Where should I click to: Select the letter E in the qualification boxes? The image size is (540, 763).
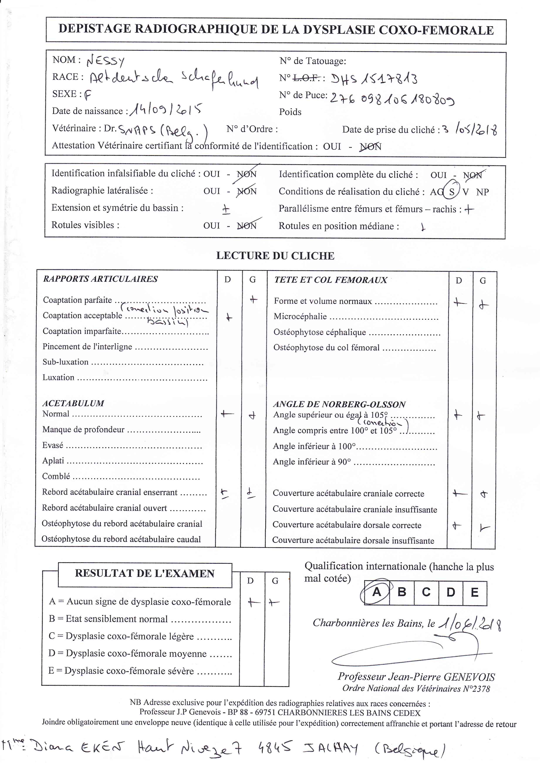(x=474, y=592)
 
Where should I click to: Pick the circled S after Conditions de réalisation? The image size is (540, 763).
(x=452, y=192)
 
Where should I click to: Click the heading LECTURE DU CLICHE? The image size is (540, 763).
(x=275, y=256)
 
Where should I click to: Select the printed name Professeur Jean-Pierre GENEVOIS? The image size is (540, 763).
(x=416, y=677)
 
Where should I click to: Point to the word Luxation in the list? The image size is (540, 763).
(x=59, y=377)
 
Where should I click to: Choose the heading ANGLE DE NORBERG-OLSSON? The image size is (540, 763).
(x=339, y=404)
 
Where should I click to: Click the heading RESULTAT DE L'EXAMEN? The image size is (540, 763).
(x=145, y=573)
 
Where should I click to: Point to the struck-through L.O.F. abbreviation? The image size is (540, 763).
(x=306, y=78)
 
